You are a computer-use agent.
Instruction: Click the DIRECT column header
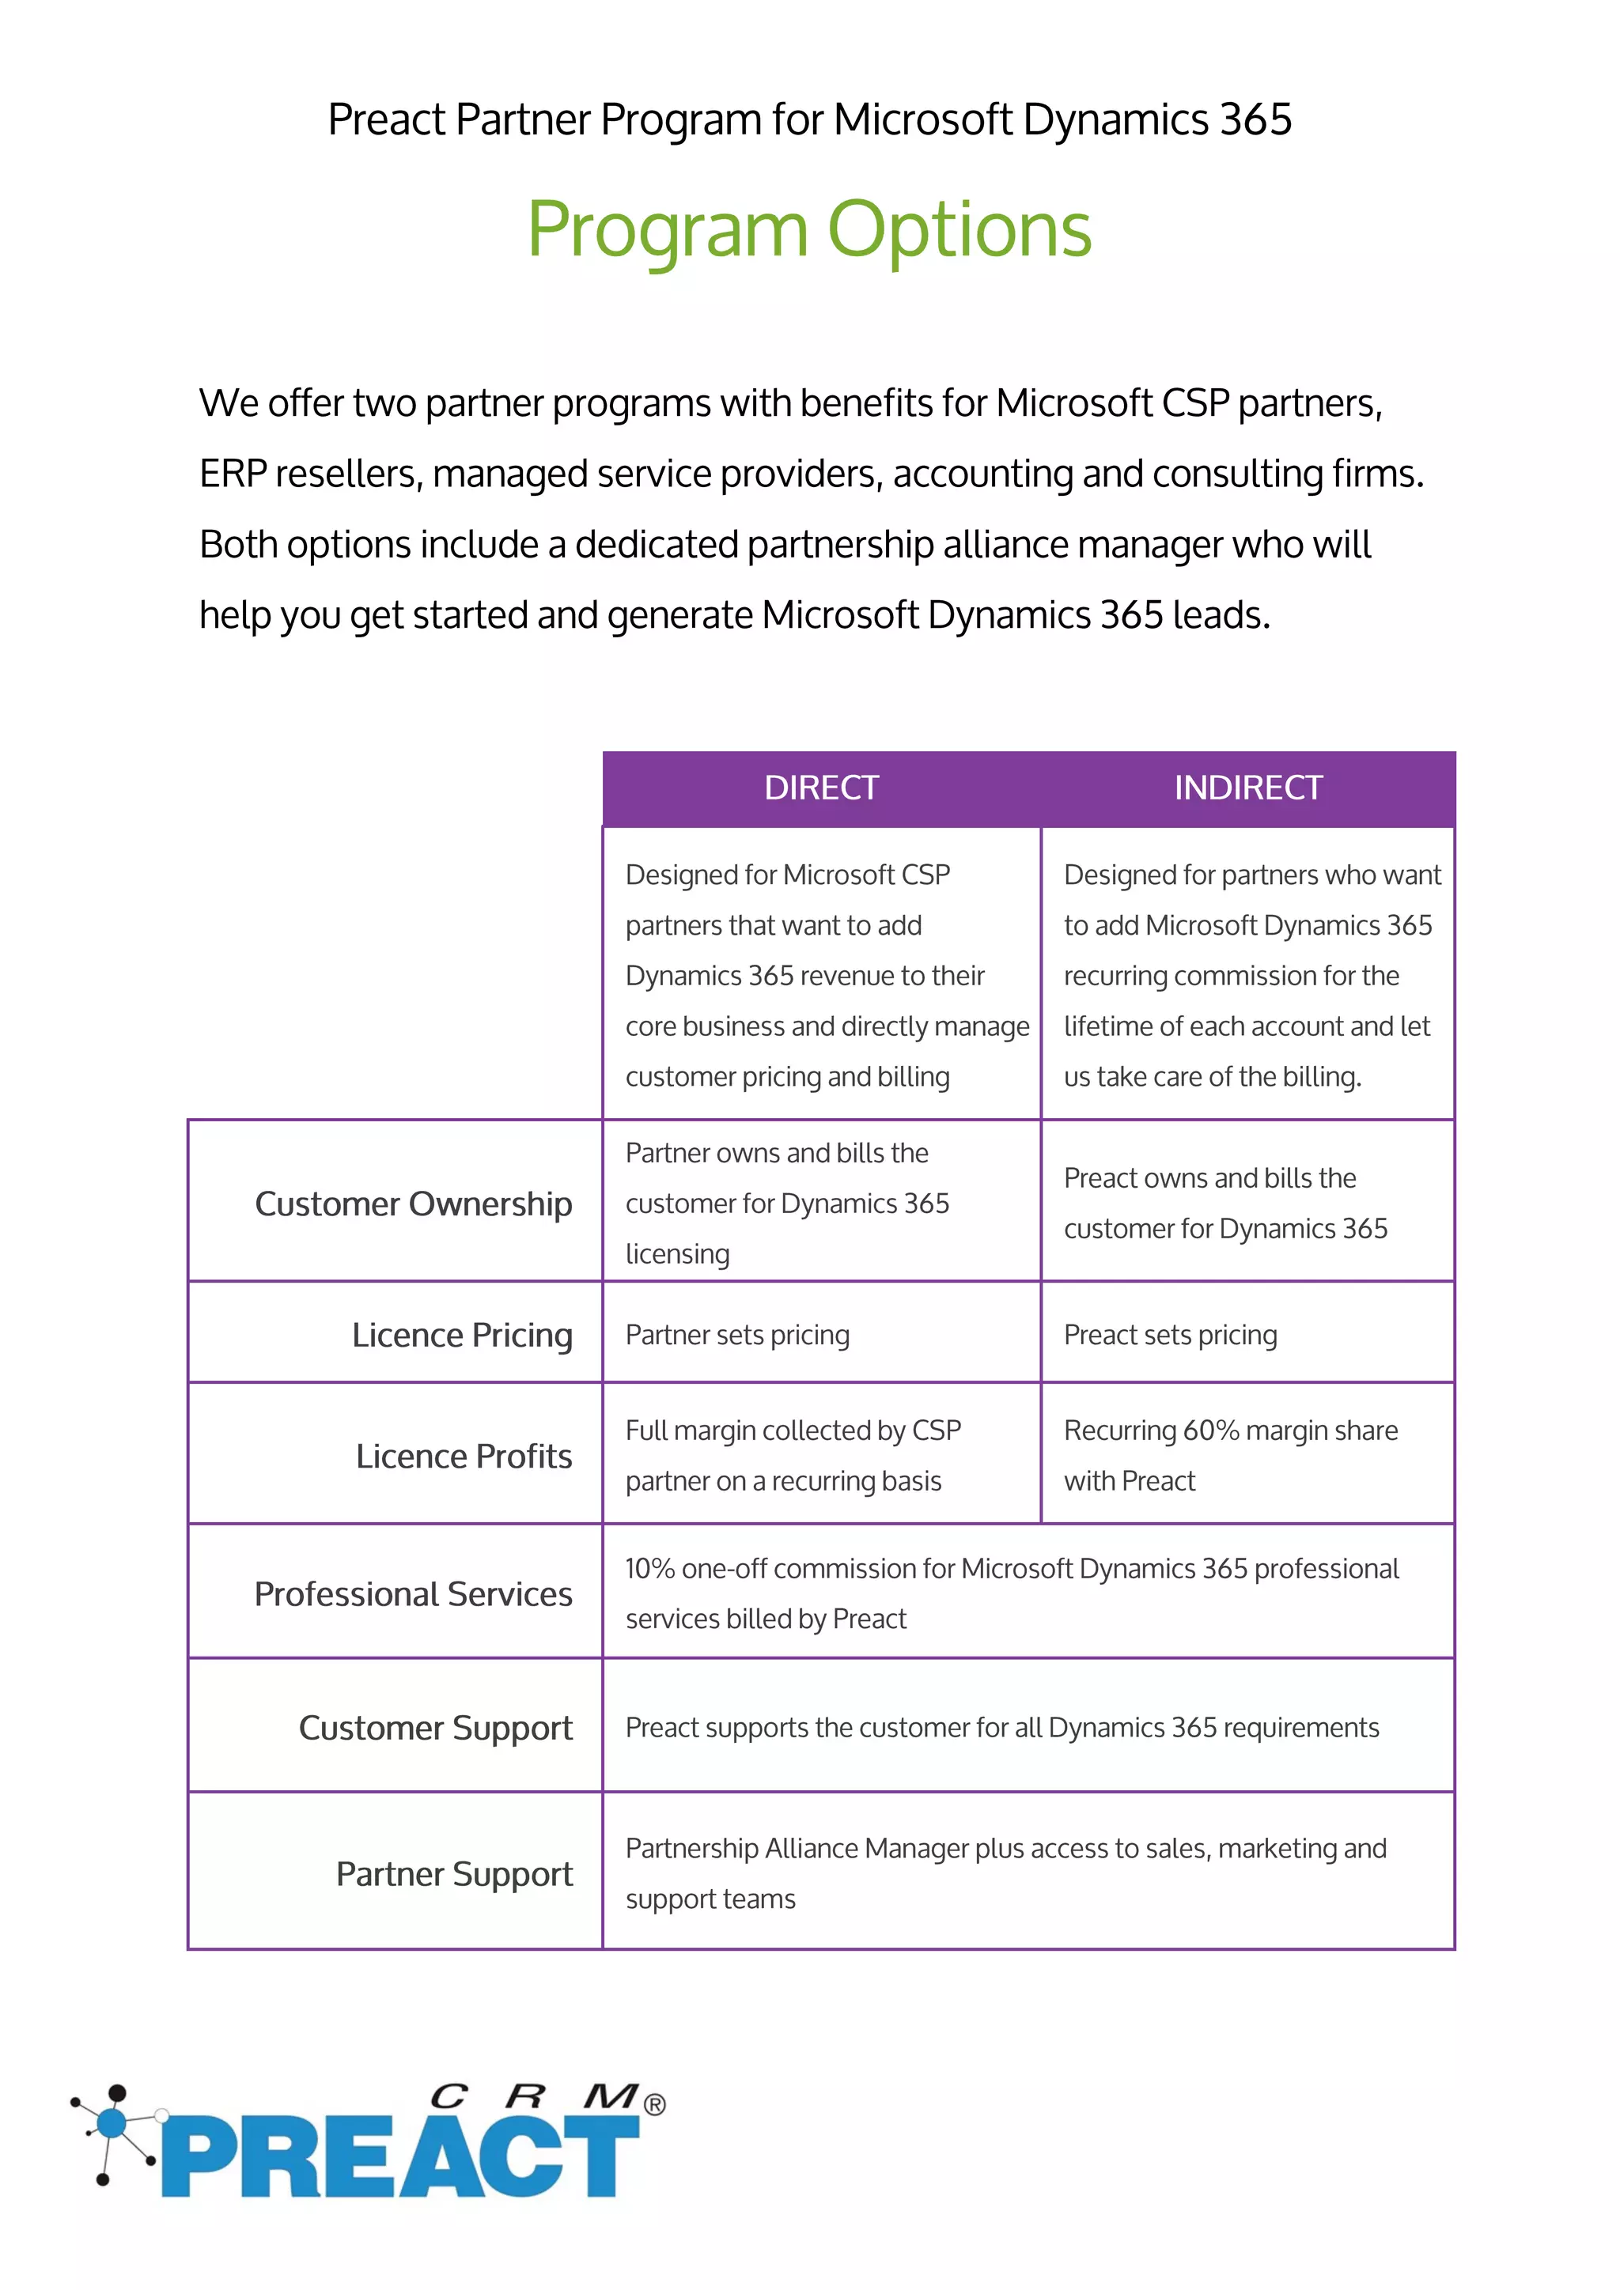point(821,788)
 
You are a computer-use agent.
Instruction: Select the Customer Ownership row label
point(413,1204)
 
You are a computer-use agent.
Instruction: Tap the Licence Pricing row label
point(462,1335)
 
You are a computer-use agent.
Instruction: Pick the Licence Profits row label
point(464,1457)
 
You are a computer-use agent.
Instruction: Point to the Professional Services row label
point(413,1594)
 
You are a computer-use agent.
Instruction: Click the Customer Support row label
point(435,1728)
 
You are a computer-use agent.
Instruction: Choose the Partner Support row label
point(454,1874)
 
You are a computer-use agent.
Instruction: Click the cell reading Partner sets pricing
point(737,1335)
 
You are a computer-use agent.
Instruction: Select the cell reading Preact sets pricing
point(1170,1335)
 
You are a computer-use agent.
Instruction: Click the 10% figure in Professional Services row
point(649,1569)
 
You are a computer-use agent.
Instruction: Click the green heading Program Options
point(809,229)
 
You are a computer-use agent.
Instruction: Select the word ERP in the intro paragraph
point(233,474)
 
